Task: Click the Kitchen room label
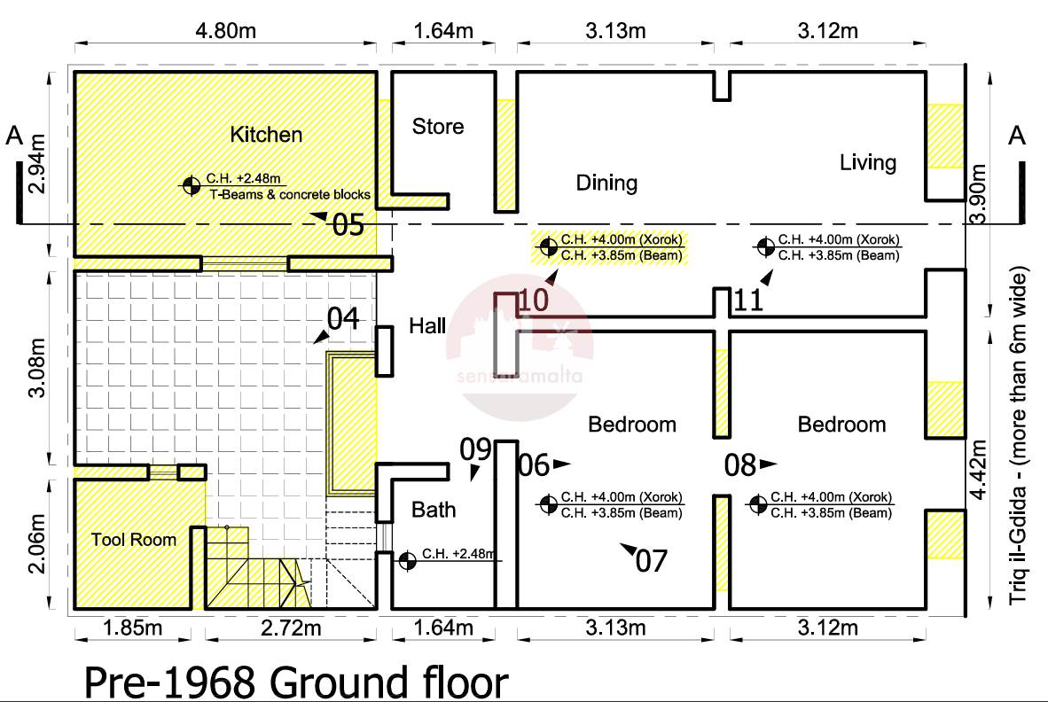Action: point(266,134)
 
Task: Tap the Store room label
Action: point(438,126)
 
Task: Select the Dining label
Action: point(606,183)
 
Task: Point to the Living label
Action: point(867,162)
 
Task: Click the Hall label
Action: point(427,326)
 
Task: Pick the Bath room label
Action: point(433,510)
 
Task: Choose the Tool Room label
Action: point(134,540)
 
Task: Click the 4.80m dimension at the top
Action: point(225,31)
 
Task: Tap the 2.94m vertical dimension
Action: point(36,164)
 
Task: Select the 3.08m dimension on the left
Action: point(36,367)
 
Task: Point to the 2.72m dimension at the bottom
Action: point(291,628)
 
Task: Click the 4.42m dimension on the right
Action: point(978,470)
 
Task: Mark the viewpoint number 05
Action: point(348,225)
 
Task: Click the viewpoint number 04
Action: point(343,318)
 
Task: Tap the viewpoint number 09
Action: point(475,450)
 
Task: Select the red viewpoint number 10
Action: point(534,300)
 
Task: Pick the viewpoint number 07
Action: point(651,561)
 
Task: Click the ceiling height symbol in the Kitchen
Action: point(192,185)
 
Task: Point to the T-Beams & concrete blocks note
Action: point(290,194)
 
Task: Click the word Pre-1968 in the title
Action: point(170,682)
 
